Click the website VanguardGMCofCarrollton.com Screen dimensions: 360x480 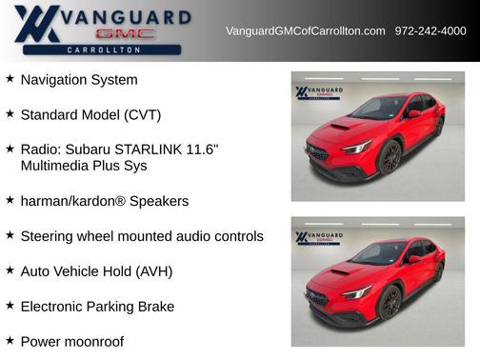305,31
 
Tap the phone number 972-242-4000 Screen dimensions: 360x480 430,31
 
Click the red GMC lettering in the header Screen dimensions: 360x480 125,32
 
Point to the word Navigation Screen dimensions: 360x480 57,80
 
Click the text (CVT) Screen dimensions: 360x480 142,115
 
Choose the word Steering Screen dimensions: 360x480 49,236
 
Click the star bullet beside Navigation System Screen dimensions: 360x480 10,79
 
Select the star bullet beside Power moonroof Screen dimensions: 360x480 10,340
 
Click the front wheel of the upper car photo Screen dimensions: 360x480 390,158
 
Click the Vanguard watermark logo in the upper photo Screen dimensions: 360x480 316,92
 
